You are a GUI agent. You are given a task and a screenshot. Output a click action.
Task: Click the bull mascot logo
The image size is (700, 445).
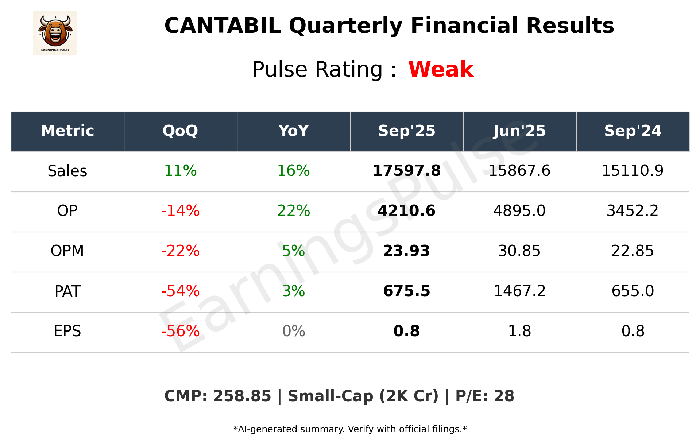[55, 32]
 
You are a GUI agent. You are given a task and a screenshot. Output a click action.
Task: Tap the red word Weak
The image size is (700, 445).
[441, 69]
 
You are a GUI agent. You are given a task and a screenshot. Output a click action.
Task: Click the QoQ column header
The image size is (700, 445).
[180, 131]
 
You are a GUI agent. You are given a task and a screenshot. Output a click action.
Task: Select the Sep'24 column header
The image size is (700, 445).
[633, 131]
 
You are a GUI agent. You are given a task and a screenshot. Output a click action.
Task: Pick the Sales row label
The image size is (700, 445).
[67, 171]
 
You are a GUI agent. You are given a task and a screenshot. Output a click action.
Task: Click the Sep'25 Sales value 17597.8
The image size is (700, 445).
[406, 171]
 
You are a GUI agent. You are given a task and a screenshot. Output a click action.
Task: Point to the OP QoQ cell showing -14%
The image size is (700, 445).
[180, 211]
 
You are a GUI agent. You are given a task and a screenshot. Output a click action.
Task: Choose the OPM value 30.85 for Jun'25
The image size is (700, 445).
[519, 251]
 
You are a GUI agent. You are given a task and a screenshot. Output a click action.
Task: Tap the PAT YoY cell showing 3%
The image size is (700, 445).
[293, 291]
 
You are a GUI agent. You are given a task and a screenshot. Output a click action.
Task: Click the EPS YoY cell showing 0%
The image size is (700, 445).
[293, 331]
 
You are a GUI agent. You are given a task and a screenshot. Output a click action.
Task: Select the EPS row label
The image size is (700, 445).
[67, 331]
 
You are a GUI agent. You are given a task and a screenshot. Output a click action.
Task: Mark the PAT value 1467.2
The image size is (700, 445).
[519, 291]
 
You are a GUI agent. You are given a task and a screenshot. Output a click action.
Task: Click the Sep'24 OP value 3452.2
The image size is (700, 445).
[633, 211]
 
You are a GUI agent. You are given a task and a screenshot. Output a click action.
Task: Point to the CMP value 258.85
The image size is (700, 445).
[242, 396]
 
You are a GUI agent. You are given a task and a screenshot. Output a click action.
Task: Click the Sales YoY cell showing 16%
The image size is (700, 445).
[293, 171]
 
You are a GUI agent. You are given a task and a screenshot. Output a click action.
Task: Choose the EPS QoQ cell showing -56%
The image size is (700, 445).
[180, 331]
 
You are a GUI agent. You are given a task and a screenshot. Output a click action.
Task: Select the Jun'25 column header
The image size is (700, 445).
[519, 131]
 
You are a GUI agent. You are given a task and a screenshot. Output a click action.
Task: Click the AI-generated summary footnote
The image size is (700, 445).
[350, 429]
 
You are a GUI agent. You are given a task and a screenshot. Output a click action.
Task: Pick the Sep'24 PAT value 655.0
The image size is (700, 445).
[633, 291]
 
